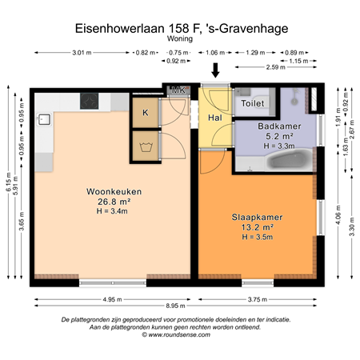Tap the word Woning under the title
[x=180, y=38]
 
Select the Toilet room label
[x=254, y=104]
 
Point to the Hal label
[x=214, y=118]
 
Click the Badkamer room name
[x=278, y=126]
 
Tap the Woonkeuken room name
[x=109, y=191]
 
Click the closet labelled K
[x=146, y=113]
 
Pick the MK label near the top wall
[x=179, y=90]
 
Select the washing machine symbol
[x=146, y=147]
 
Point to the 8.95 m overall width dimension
[x=180, y=306]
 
